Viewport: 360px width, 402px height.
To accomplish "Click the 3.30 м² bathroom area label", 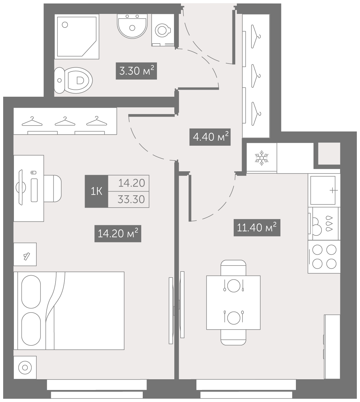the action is (x=136, y=71).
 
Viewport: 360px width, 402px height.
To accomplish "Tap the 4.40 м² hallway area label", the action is (x=210, y=137).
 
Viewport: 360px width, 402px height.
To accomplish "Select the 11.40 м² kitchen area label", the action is (x=257, y=228).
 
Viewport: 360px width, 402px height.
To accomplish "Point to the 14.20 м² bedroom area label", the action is (x=118, y=234).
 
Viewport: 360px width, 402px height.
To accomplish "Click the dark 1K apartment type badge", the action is (x=97, y=191).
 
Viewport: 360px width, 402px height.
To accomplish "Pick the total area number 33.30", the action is (x=131, y=199).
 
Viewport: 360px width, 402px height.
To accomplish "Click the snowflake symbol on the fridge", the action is (x=262, y=158).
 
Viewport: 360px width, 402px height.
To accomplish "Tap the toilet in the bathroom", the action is (x=73, y=80).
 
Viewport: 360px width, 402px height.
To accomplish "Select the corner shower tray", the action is (x=77, y=37).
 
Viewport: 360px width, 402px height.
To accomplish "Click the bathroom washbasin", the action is (x=132, y=26).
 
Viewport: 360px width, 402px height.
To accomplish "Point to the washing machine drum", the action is (x=162, y=31).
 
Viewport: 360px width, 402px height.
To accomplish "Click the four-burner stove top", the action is (x=324, y=257).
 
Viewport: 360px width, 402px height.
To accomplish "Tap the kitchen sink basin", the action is (x=323, y=191).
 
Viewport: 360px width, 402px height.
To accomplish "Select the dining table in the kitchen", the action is (x=233, y=302).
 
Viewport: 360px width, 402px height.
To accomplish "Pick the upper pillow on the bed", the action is (x=31, y=292).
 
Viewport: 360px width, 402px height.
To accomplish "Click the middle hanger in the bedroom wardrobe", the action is (x=65, y=121).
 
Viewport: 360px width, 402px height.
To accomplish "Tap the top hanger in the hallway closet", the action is (x=256, y=37).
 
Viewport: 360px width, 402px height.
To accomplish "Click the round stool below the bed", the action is (x=25, y=368).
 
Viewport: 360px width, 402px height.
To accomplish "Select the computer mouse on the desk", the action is (x=33, y=173).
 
